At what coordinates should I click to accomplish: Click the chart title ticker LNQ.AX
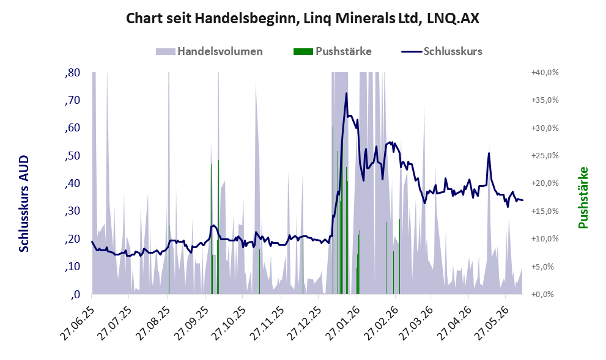(453, 18)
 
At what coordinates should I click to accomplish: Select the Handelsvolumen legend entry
(210, 51)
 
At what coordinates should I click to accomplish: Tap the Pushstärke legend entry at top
(333, 51)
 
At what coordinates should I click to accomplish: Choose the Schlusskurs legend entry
(442, 51)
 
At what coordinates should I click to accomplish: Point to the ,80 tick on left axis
(73, 73)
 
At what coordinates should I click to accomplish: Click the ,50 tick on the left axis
(73, 156)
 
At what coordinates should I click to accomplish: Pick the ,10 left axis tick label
(73, 266)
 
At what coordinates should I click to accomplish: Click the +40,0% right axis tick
(545, 73)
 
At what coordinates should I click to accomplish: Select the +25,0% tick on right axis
(545, 156)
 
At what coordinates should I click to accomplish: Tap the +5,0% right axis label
(547, 267)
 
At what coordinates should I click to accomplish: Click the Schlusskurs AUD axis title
(24, 204)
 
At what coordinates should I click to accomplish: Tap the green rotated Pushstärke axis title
(583, 198)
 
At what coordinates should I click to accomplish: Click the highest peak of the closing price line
(346, 93)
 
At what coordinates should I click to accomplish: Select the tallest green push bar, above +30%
(333, 210)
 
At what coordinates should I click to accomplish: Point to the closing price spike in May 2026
(489, 153)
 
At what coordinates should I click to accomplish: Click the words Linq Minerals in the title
(362, 18)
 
